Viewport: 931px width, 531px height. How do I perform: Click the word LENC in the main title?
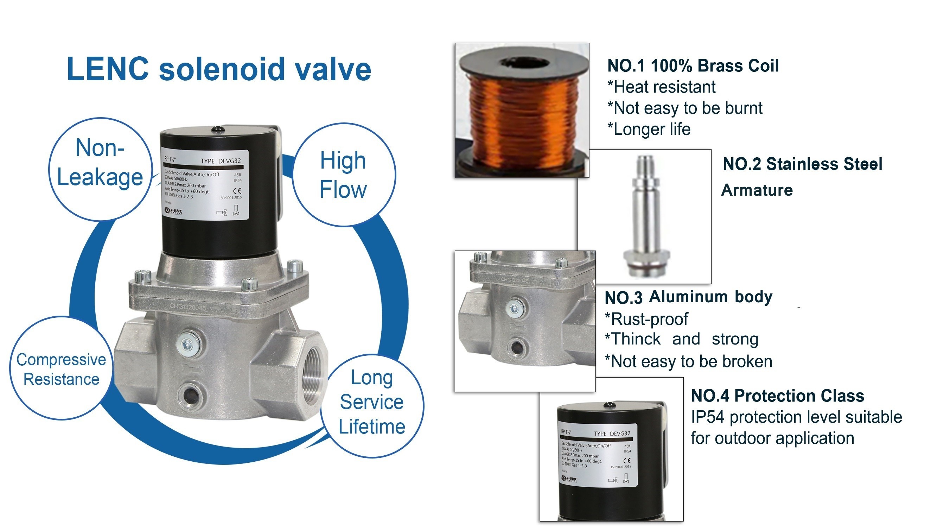[x=108, y=69]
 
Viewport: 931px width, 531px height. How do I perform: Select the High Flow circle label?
[x=343, y=175]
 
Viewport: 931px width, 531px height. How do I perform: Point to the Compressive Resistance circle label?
[x=61, y=369]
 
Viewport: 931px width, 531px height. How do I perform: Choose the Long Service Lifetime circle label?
[x=372, y=402]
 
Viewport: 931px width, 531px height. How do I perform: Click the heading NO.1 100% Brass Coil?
[x=693, y=66]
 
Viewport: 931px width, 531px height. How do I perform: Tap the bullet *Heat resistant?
[x=661, y=87]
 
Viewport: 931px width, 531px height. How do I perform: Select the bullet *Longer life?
[x=649, y=129]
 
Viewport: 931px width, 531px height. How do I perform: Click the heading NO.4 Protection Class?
[x=777, y=396]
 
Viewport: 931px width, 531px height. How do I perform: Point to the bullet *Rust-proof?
[x=646, y=319]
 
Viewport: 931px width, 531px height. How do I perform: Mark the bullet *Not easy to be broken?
[x=688, y=361]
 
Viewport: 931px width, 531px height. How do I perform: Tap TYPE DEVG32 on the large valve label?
[x=221, y=161]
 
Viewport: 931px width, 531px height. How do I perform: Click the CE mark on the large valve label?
[x=237, y=191]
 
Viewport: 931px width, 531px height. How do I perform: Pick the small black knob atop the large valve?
[x=219, y=129]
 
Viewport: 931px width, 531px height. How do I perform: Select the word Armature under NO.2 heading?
[x=757, y=190]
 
